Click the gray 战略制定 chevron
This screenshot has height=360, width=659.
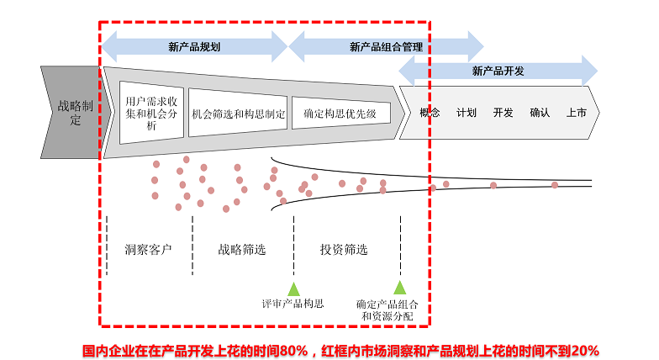(x=69, y=112)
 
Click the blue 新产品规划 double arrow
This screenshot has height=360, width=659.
(x=194, y=47)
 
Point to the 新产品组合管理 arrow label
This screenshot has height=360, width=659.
(x=386, y=47)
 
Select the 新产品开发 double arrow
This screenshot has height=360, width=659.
(x=498, y=71)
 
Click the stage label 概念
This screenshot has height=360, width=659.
(x=430, y=112)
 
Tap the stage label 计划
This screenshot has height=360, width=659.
(x=467, y=112)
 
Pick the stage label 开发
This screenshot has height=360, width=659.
(x=503, y=112)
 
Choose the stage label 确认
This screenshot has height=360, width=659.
(x=540, y=112)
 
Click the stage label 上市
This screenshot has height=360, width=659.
(x=577, y=112)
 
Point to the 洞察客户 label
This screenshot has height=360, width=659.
(x=148, y=250)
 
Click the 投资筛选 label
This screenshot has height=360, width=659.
(x=344, y=250)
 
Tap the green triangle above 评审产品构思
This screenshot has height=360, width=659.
(x=293, y=288)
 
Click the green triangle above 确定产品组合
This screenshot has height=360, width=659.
(x=400, y=288)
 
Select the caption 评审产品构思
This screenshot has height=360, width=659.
(x=293, y=304)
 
